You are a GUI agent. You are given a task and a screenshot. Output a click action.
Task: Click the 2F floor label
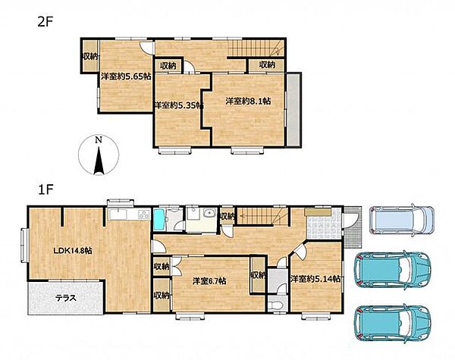[45, 22]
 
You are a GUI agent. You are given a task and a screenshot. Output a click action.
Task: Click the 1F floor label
[45, 189]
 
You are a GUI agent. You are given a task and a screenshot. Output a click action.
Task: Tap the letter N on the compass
[99, 139]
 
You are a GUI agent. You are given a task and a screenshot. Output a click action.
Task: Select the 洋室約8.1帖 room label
[249, 102]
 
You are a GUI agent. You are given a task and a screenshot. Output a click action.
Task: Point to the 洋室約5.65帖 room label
[126, 77]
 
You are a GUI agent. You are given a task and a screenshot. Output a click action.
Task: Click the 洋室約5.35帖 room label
[178, 105]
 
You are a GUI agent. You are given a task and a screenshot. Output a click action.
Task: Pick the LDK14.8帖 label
[73, 251]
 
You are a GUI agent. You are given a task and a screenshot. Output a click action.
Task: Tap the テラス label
[66, 298]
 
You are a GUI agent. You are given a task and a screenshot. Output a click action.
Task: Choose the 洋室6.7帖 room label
[209, 281]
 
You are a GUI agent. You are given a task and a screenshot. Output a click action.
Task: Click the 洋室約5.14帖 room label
[315, 279]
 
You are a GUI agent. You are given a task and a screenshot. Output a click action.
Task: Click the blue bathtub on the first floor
[159, 220]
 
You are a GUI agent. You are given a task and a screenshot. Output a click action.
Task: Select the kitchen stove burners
[144, 214]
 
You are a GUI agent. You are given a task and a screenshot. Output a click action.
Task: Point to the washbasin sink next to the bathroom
[209, 214]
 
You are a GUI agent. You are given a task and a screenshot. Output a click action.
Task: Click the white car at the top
[402, 219]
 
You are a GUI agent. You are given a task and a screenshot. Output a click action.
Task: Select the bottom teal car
[392, 323]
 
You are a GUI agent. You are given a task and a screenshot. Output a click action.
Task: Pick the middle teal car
[392, 270]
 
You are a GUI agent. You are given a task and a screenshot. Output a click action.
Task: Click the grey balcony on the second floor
[293, 110]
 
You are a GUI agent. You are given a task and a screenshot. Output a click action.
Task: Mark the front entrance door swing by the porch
[348, 221]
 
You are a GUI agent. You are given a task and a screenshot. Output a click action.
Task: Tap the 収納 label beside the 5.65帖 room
[90, 56]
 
